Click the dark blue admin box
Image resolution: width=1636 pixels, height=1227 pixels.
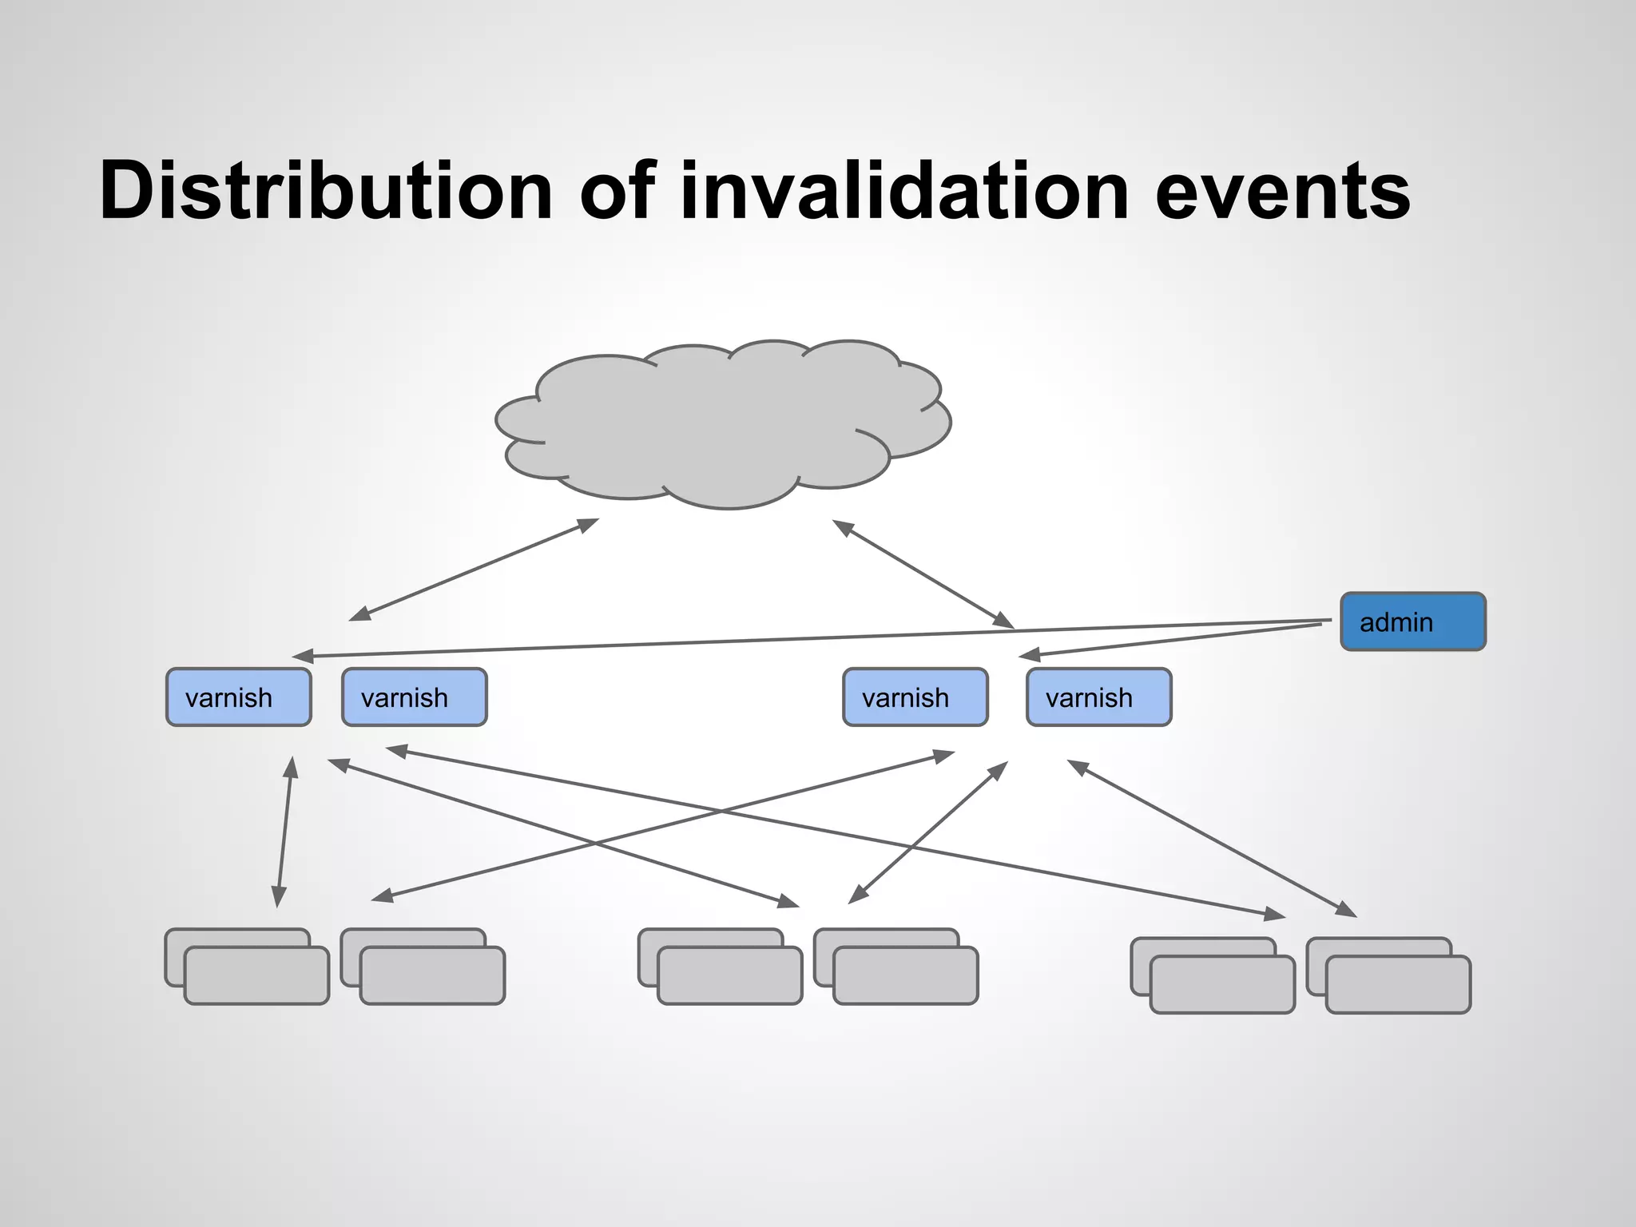pos(1412,621)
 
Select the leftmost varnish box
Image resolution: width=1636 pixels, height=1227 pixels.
pos(238,697)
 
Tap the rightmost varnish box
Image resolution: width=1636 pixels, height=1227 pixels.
pos(1098,697)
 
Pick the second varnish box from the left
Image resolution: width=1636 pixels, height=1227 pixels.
pos(414,697)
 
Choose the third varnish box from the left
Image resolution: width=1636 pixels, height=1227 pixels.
pos(915,697)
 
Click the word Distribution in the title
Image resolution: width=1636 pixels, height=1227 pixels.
pos(326,192)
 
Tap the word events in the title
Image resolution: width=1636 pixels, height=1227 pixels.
pos(1282,192)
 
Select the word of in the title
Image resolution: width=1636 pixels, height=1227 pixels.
pos(617,192)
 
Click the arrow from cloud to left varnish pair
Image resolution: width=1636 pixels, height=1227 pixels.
pos(474,569)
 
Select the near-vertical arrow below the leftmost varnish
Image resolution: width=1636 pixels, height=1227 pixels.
pos(284,832)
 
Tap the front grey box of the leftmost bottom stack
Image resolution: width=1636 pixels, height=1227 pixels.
pos(256,975)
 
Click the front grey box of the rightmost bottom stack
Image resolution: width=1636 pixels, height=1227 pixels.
pos(1398,985)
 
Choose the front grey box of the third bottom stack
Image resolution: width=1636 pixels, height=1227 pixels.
pos(729,975)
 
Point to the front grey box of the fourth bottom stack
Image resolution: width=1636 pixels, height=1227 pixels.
pos(905,975)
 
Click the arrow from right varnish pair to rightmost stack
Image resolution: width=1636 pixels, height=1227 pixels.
pos(1212,838)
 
